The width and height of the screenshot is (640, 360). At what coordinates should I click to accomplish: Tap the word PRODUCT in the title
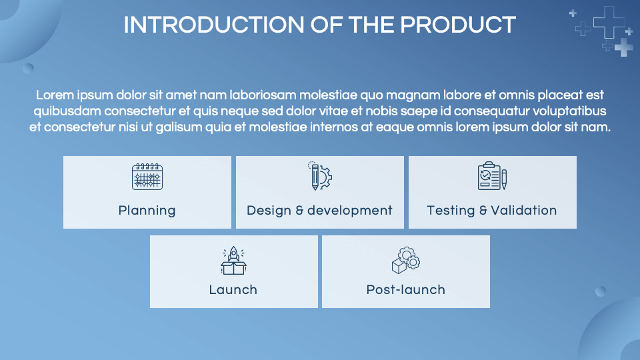click(x=458, y=25)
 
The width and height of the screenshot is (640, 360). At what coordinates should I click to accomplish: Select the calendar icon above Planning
click(x=147, y=177)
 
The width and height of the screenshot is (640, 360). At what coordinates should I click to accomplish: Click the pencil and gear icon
click(x=320, y=176)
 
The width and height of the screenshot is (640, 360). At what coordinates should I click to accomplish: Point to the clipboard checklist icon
click(x=492, y=177)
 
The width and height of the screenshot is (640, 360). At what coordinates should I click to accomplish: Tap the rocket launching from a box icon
click(x=233, y=261)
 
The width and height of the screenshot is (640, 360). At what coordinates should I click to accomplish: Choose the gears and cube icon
click(x=405, y=260)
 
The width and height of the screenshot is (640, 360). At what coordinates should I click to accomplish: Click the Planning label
click(x=147, y=211)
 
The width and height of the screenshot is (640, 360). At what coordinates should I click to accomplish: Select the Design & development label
click(x=319, y=211)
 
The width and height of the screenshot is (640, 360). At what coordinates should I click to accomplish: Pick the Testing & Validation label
click(x=492, y=211)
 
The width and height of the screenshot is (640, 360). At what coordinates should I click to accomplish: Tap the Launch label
click(x=233, y=290)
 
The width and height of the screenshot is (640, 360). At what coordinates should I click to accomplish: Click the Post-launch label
click(x=405, y=290)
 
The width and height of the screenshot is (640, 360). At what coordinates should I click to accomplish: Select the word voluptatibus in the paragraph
click(x=568, y=111)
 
